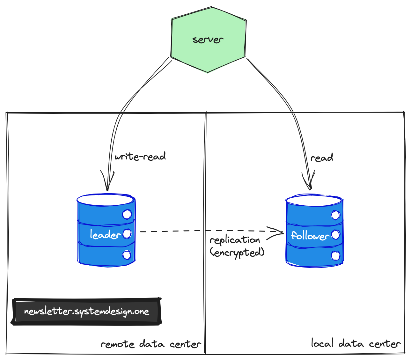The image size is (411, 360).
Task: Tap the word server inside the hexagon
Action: pos(208,40)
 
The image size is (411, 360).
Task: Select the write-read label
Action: pos(140,157)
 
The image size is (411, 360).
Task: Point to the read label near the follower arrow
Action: pos(322,158)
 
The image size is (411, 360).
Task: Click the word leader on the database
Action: pos(105,235)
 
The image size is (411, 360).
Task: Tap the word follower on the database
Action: pos(310,236)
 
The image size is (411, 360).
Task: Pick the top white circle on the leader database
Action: pos(127,214)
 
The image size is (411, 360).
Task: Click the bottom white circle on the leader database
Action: pos(127,255)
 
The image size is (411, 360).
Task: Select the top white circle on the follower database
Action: pos(335,215)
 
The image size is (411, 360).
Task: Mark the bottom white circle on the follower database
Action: pos(335,256)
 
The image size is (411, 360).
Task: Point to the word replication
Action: pos(235,240)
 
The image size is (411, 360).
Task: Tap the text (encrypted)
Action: pos(237,253)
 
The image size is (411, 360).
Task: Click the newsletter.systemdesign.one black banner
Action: pos(86,311)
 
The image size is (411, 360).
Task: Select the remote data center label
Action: pos(151,344)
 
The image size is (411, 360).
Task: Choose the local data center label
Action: pos(356,344)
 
